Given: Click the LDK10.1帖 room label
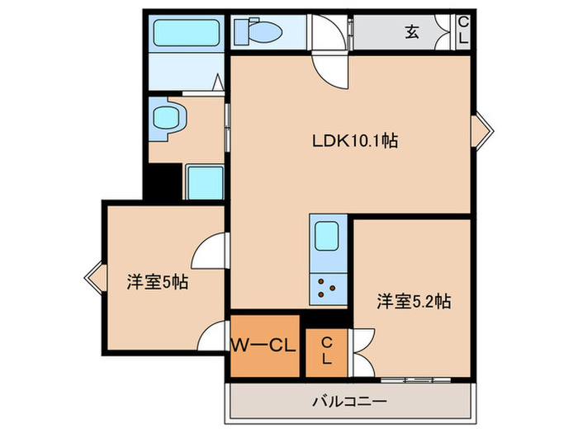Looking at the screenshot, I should pos(354,141).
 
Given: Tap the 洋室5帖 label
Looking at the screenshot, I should pos(157,281).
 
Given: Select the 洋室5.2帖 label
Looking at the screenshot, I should pos(414,301).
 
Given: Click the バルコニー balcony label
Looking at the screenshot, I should pos(349,402).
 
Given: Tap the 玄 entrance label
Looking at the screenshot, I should pos(411,32).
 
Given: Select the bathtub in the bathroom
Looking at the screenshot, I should pos(186,34).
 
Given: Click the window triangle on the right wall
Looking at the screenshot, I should pos(481,129).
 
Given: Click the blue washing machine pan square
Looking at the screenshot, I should pos(203,181).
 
